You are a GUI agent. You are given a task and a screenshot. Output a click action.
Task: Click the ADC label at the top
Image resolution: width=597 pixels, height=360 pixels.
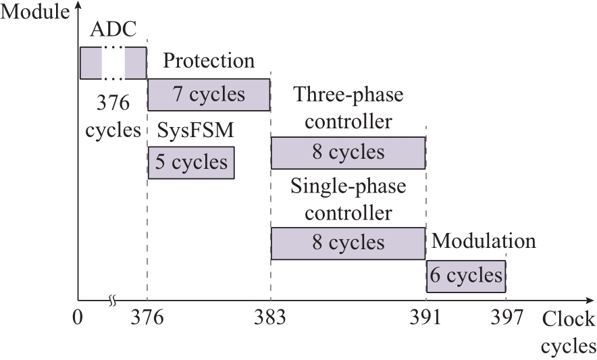click(x=113, y=30)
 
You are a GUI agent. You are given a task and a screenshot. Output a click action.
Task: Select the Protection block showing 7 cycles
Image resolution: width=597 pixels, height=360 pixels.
click(x=209, y=95)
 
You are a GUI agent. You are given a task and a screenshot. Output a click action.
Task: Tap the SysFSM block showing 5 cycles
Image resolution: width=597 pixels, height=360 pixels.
click(x=191, y=163)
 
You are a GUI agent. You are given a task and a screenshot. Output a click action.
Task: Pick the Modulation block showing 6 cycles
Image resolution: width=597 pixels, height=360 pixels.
click(x=466, y=276)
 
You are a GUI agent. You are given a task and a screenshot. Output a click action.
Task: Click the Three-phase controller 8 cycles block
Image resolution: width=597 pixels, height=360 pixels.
click(x=348, y=153)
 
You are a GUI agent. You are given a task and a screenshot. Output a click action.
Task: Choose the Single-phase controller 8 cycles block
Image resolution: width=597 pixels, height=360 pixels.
click(x=348, y=243)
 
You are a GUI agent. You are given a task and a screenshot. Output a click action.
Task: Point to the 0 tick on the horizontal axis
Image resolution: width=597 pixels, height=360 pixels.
click(x=77, y=317)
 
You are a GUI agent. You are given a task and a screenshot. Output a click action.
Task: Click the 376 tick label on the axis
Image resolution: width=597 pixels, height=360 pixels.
click(x=147, y=317)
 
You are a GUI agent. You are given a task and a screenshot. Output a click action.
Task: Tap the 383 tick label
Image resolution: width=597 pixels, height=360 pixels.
click(x=270, y=317)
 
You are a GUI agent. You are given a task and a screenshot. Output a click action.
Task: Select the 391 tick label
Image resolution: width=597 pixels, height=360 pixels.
click(x=425, y=317)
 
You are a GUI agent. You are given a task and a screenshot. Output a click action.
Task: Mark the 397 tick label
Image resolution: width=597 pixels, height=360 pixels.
click(x=507, y=317)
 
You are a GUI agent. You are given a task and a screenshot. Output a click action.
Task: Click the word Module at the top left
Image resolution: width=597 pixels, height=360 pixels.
click(x=35, y=11)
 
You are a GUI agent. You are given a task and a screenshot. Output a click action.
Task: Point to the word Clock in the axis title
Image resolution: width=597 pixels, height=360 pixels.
click(x=569, y=319)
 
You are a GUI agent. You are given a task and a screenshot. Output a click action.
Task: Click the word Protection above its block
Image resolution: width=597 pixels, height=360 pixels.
click(x=209, y=61)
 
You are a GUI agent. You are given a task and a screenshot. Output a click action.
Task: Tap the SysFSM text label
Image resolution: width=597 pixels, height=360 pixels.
click(x=195, y=130)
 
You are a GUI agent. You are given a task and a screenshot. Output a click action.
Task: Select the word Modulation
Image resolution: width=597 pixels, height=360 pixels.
click(x=484, y=241)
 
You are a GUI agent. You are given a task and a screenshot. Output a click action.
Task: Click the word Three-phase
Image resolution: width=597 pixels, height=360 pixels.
click(x=348, y=95)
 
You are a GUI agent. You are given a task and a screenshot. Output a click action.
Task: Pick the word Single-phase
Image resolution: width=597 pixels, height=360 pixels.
click(x=348, y=186)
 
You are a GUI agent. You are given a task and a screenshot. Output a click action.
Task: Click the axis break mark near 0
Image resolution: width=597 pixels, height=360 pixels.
click(x=112, y=301)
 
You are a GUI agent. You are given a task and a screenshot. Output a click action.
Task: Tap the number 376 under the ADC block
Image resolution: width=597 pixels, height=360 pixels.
click(x=113, y=103)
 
